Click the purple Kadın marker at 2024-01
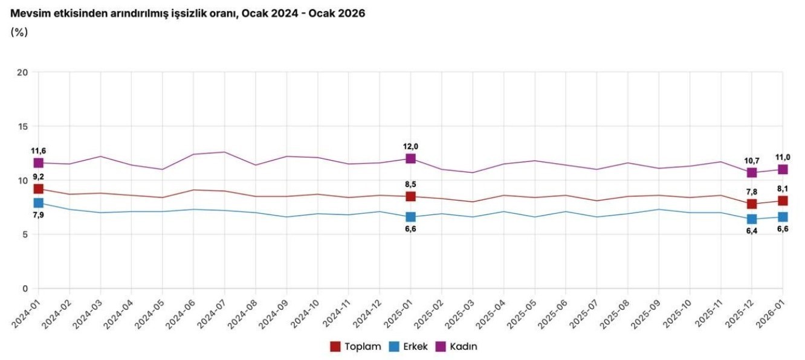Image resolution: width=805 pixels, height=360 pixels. [39, 163]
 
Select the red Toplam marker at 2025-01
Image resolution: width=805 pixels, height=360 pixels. [410, 196]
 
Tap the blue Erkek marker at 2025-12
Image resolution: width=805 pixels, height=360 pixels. [751, 219]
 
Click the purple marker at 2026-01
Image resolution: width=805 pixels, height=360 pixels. [783, 170]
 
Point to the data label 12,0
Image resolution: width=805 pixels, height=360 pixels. [410, 146]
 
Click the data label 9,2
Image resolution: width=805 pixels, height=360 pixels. [39, 177]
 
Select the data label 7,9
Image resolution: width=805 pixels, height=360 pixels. [39, 215]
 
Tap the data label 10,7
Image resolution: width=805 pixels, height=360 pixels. [751, 161]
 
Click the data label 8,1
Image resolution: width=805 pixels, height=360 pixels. [783, 188]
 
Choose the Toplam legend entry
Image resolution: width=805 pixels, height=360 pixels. [356, 347]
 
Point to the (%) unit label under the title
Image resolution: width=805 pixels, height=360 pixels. [19, 32]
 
